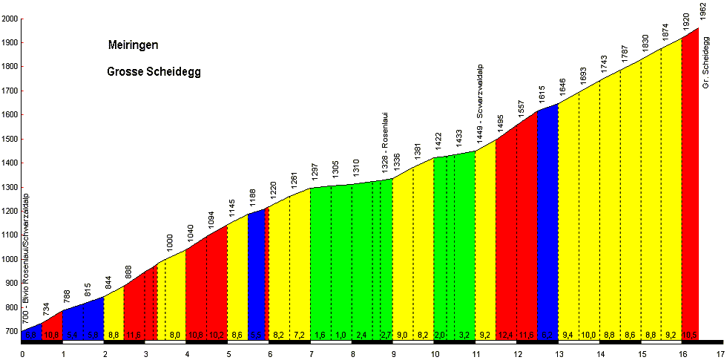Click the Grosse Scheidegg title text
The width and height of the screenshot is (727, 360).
click(x=154, y=72)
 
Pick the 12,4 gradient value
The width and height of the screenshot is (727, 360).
click(x=506, y=336)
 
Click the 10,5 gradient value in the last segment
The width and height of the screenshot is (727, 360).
click(x=689, y=336)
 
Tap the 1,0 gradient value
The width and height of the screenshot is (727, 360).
click(x=341, y=336)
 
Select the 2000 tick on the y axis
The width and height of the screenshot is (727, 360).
click(x=10, y=19)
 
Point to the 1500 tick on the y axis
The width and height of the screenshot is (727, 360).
click(x=10, y=140)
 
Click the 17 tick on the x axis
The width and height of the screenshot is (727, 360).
click(x=720, y=354)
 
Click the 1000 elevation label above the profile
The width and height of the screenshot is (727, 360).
click(x=169, y=242)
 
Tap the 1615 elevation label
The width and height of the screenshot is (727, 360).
click(x=542, y=94)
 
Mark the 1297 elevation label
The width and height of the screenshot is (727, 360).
click(x=315, y=171)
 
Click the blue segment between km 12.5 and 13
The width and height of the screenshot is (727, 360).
click(x=547, y=223)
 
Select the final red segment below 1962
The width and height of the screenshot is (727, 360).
click(x=690, y=186)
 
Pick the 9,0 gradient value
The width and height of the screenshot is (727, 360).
click(x=403, y=336)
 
